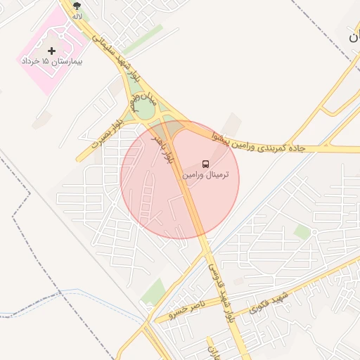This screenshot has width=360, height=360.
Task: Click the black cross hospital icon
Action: (51, 51)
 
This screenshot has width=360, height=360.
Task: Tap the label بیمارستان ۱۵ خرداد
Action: (52, 62)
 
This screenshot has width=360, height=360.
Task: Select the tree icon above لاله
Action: (77, 5)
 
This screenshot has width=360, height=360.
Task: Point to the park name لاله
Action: (77, 15)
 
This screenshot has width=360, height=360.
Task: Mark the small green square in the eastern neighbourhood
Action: (302, 231)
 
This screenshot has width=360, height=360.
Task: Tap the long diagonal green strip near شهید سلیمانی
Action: (144, 39)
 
